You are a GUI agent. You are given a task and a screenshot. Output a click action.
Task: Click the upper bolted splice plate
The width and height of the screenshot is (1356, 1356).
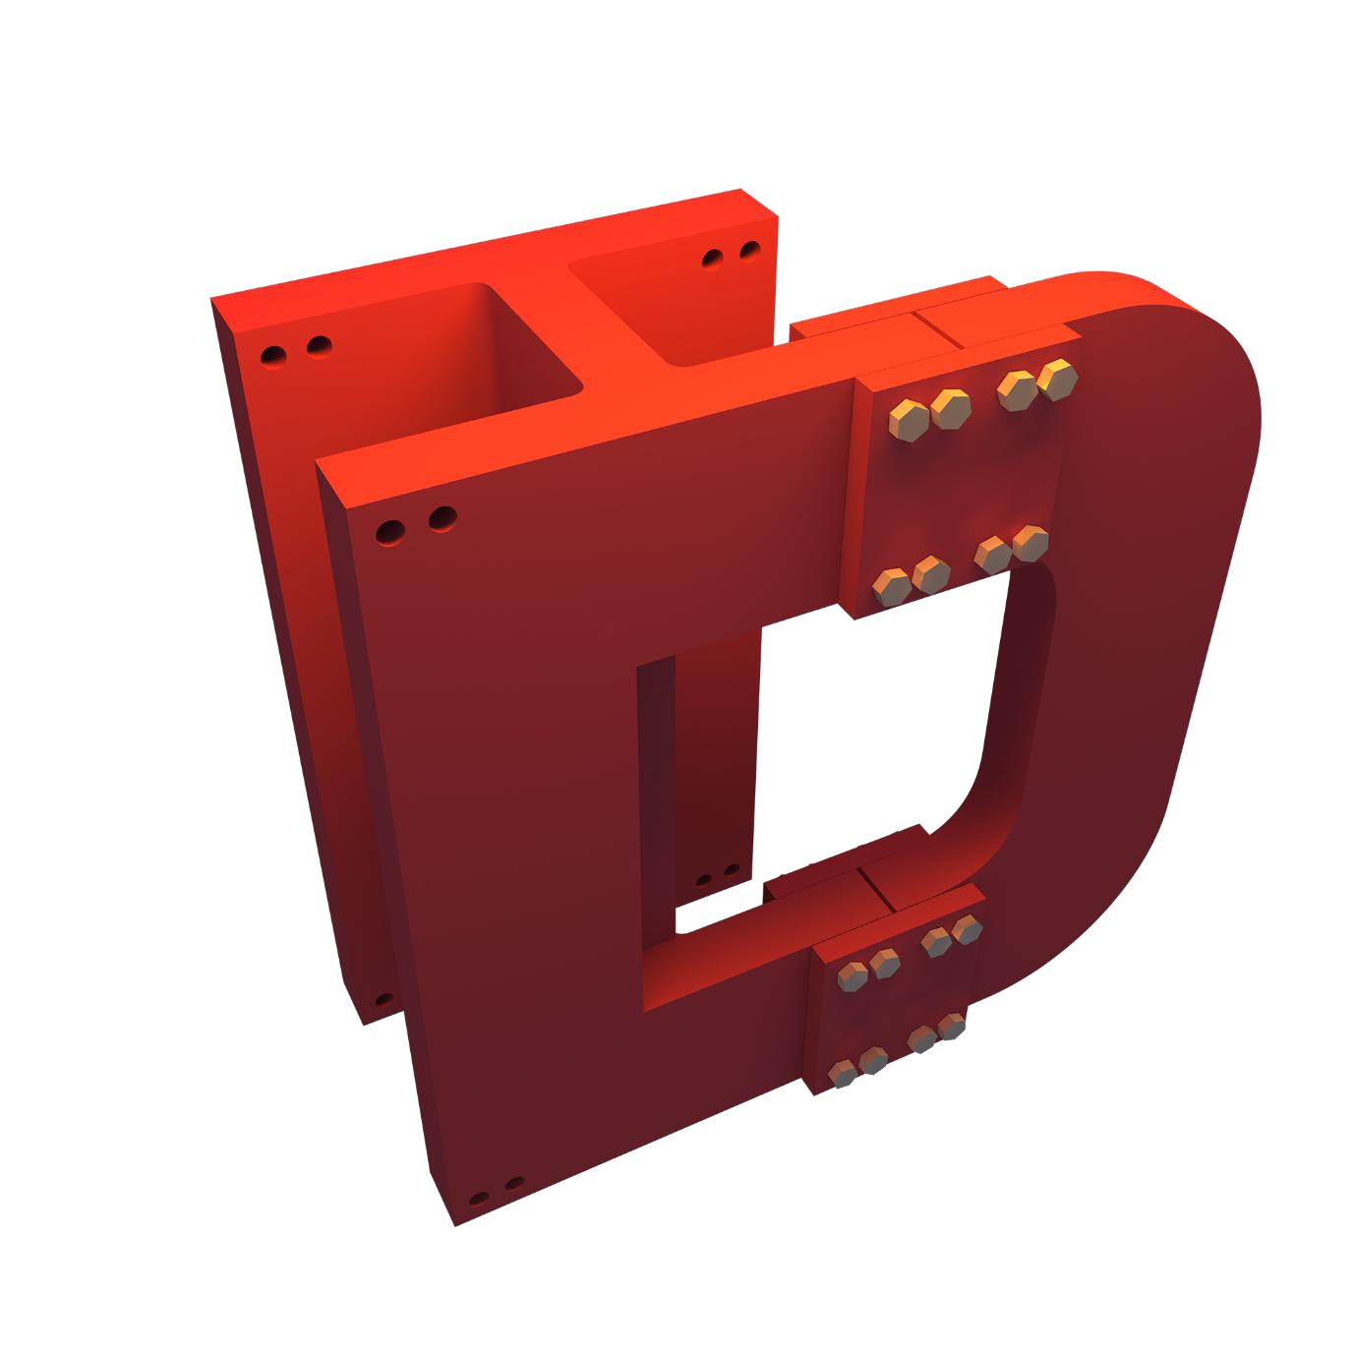pyautogui.click(x=959, y=492)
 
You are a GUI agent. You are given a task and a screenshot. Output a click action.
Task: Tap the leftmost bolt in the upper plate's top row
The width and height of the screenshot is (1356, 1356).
pyautogui.click(x=906, y=418)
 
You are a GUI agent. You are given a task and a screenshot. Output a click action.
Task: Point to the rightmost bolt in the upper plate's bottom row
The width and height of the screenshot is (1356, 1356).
pyautogui.click(x=1030, y=543)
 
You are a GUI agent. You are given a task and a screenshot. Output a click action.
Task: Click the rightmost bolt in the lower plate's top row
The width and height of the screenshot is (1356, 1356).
pyautogui.click(x=967, y=928)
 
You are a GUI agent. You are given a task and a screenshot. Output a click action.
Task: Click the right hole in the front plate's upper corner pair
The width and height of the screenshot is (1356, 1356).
pyautogui.click(x=442, y=517)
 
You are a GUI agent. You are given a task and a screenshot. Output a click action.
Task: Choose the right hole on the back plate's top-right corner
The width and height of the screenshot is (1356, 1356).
pyautogui.click(x=750, y=251)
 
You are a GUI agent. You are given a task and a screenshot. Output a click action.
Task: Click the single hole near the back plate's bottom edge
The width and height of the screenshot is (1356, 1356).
pyautogui.click(x=383, y=1000)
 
